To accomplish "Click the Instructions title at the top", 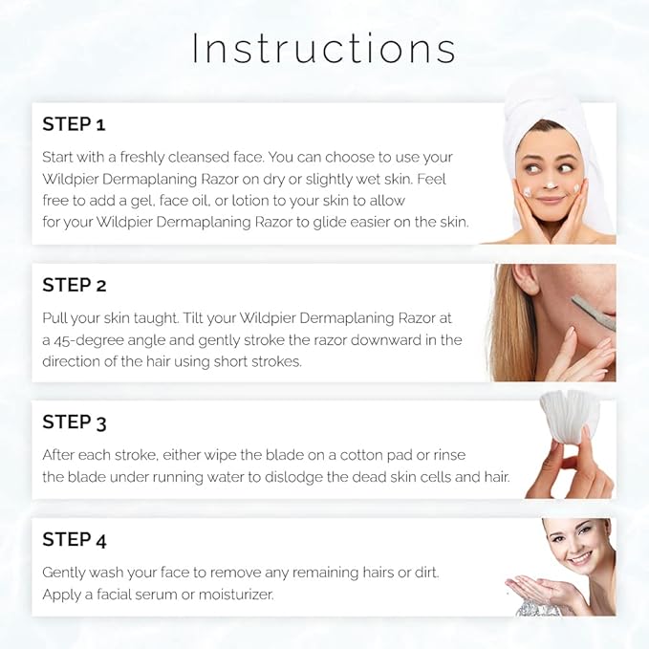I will [323, 50].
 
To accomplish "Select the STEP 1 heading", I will [74, 124].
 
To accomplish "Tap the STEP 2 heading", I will [75, 285].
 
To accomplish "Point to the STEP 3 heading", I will [75, 422].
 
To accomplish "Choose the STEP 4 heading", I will [75, 540].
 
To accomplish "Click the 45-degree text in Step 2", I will [95, 340].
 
